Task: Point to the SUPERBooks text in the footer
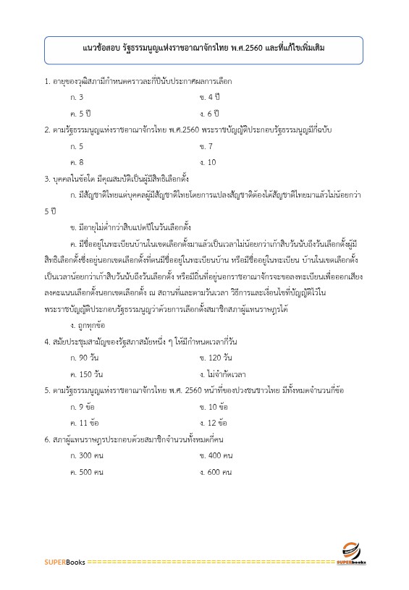coord(64,562)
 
